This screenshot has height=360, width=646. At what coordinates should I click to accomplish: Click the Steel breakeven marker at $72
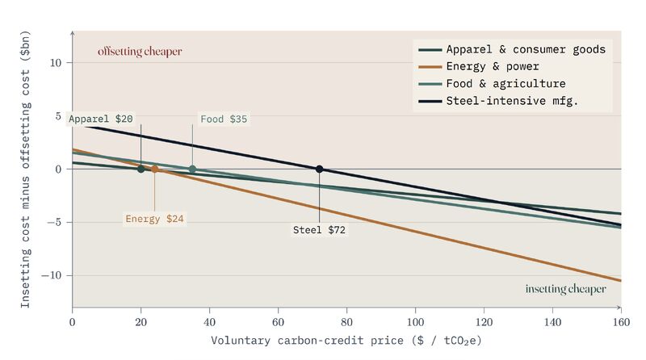(x=319, y=169)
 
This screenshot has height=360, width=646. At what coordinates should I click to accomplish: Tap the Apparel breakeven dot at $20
(x=141, y=169)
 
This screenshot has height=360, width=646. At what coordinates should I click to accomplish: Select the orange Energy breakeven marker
(x=154, y=169)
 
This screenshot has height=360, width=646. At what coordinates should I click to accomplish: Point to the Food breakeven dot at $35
(x=192, y=169)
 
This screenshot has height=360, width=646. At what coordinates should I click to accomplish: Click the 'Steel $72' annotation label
(x=319, y=230)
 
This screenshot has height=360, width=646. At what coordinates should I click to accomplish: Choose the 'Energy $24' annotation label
(x=154, y=219)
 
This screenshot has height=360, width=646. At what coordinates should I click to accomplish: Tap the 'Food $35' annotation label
(x=224, y=119)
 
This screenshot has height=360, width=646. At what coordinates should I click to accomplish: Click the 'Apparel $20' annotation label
(x=100, y=119)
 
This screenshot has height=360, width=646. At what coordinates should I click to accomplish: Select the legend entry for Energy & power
(x=479, y=66)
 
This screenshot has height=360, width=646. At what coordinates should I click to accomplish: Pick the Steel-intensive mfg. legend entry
(x=498, y=101)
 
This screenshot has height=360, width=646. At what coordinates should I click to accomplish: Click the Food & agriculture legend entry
(x=492, y=84)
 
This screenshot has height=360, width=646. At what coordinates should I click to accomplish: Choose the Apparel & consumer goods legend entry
(x=512, y=49)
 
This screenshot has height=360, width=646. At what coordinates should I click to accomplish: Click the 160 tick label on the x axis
(x=621, y=322)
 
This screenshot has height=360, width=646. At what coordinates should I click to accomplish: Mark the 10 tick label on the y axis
(x=56, y=63)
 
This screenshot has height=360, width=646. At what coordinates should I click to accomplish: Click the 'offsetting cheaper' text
(x=140, y=52)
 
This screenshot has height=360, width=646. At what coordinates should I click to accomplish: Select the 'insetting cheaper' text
(x=566, y=289)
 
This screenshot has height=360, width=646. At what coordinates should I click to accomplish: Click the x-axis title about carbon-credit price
(x=346, y=341)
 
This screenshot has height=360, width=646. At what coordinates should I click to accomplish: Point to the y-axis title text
(x=26, y=169)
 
